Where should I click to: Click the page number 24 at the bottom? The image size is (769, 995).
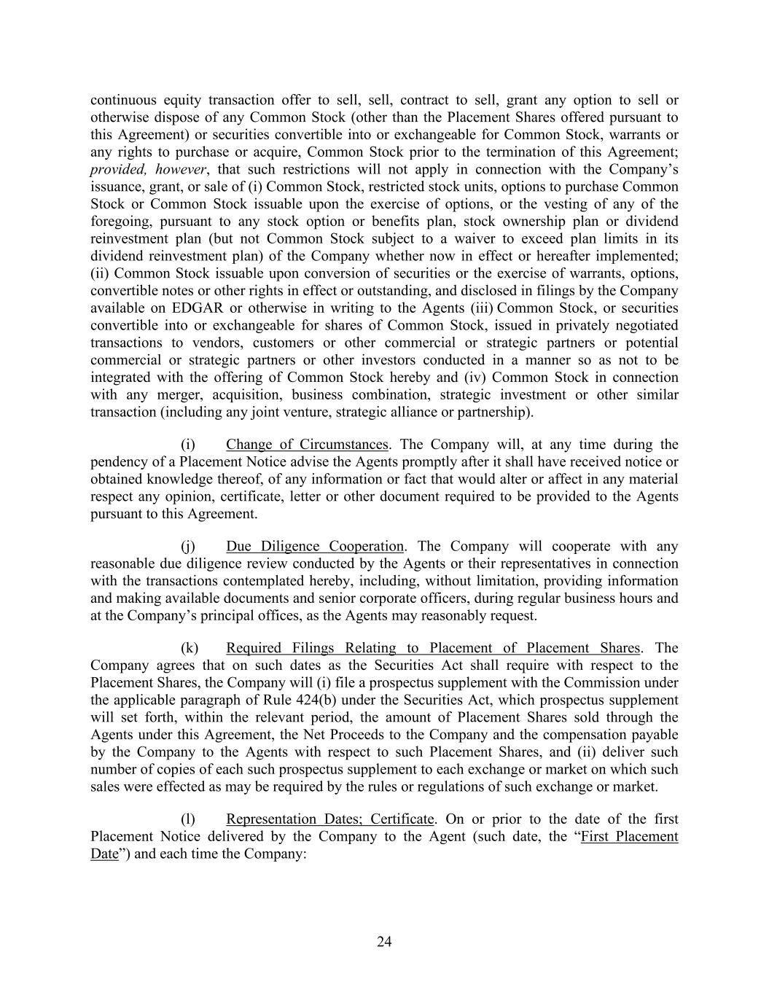[384, 942]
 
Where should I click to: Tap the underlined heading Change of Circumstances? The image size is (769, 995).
[307, 445]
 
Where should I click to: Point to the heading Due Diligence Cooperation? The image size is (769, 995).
[314, 546]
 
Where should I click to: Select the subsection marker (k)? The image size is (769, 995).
[189, 648]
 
